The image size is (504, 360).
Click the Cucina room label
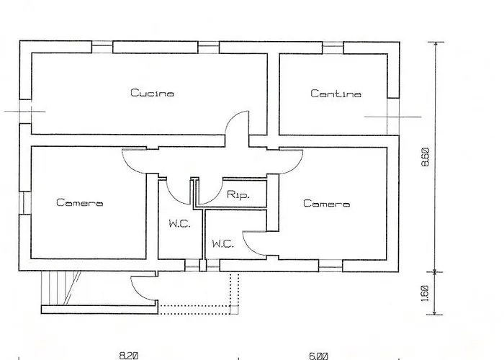(x=152, y=93)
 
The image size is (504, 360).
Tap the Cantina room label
(x=336, y=94)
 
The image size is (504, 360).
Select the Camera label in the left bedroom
(x=79, y=203)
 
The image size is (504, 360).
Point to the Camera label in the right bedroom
(x=326, y=204)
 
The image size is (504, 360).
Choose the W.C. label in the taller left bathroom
(x=179, y=224)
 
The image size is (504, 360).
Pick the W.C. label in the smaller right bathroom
(x=223, y=244)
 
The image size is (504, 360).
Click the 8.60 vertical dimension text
(x=425, y=157)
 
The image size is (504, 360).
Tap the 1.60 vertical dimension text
(x=425, y=293)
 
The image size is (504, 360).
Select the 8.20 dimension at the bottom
(x=128, y=355)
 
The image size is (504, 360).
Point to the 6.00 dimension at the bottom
(x=318, y=355)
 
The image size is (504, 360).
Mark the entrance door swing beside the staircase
(x=143, y=288)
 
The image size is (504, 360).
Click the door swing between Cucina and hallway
(x=238, y=128)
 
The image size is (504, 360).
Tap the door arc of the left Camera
(x=135, y=161)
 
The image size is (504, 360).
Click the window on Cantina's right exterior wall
(x=393, y=115)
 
